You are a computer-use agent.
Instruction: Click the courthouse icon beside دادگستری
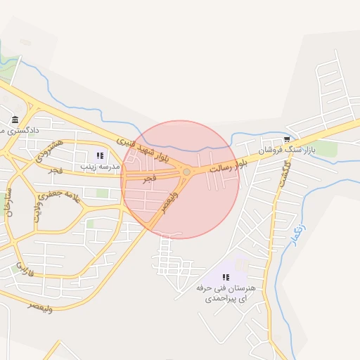pyautogui.click(x=15, y=119)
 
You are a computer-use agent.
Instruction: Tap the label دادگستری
pyautogui.click(x=21, y=131)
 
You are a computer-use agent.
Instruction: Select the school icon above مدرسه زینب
pyautogui.click(x=100, y=155)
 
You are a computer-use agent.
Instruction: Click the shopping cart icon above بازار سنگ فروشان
pyautogui.click(x=287, y=139)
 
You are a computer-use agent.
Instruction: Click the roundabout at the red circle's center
pyautogui.click(x=186, y=172)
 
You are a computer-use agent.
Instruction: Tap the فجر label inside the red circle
pyautogui.click(x=149, y=180)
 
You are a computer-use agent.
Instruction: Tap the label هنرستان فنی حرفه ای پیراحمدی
pyautogui.click(x=226, y=294)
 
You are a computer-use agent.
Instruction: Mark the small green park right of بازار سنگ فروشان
pyautogui.click(x=326, y=149)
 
